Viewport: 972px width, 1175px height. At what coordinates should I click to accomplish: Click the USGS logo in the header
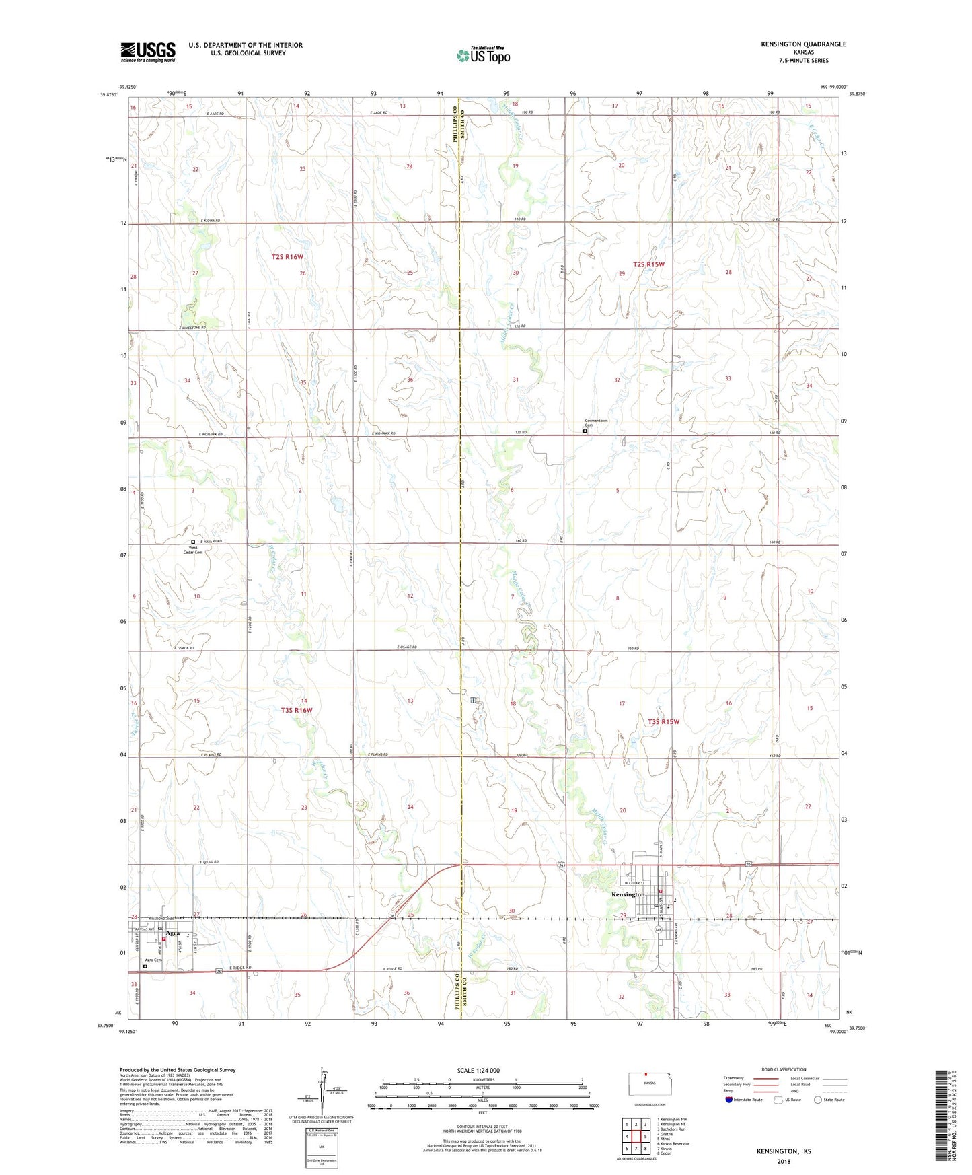click(x=147, y=52)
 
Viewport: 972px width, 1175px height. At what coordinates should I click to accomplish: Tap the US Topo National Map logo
click(x=482, y=55)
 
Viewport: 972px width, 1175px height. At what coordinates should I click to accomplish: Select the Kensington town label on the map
click(x=628, y=894)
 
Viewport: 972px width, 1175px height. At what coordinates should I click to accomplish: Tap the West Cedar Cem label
click(x=195, y=550)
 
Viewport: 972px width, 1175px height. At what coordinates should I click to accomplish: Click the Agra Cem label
click(x=153, y=960)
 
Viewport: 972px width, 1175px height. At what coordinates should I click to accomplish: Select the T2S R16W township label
click(x=287, y=257)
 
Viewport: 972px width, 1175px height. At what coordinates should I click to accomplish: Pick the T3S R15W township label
click(x=663, y=721)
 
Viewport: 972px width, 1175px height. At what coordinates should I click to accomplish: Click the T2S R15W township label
click(x=648, y=264)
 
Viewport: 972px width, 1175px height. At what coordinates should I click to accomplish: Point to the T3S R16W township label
click(x=297, y=710)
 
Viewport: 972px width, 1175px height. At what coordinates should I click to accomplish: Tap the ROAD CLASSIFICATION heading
click(x=784, y=1069)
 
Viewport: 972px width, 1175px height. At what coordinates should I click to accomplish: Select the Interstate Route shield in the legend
click(x=730, y=1100)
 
